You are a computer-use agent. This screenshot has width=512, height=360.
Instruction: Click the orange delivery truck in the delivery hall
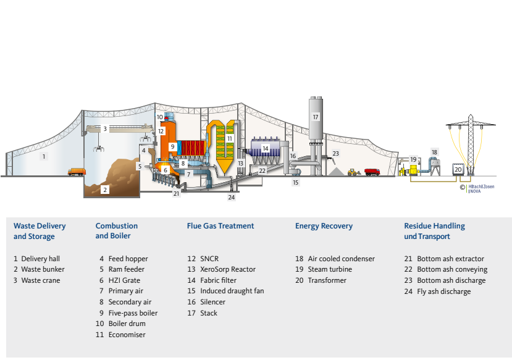tap(77, 172)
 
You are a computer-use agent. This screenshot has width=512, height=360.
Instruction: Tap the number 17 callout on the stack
tap(316, 117)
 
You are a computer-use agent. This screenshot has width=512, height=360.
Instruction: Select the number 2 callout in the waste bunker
tap(105, 190)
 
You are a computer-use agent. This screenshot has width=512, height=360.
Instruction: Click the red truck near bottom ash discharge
tap(372, 172)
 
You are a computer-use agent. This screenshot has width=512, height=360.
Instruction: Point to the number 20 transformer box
tap(458, 169)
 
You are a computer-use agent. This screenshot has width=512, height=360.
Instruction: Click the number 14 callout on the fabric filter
tap(265, 148)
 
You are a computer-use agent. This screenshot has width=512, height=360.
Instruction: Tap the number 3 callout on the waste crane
tap(105, 129)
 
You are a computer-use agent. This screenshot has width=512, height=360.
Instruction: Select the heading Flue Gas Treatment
tap(220, 226)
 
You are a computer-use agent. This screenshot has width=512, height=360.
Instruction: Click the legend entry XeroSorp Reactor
tap(228, 269)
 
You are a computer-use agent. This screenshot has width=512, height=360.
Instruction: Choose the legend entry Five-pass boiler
tap(133, 313)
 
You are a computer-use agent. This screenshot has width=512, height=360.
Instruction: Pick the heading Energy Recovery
tap(324, 226)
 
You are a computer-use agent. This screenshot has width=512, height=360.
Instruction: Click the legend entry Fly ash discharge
tap(443, 291)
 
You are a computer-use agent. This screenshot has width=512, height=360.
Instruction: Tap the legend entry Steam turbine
tap(330, 269)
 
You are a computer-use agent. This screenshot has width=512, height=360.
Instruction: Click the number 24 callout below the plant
tap(232, 198)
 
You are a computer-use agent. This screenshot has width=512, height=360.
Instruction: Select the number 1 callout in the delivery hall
tap(44, 157)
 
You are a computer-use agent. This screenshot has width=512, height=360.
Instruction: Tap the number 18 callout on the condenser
tap(434, 152)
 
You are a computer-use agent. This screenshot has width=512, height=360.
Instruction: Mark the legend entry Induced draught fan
tap(232, 291)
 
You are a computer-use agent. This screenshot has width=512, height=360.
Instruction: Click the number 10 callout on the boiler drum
tap(159, 117)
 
